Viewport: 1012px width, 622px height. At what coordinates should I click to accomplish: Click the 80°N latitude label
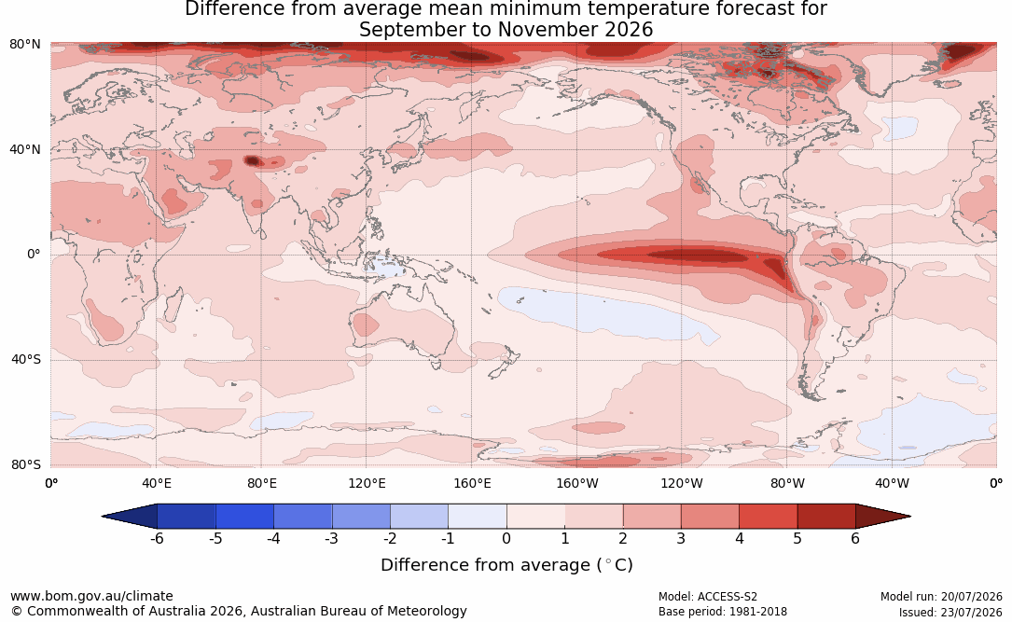(24, 45)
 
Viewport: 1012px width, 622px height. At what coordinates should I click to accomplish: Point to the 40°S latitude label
(26, 359)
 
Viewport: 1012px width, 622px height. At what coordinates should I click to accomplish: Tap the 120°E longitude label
(367, 483)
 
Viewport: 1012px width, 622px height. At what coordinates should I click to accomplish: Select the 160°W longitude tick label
(577, 483)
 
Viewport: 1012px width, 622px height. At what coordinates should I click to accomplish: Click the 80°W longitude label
(787, 483)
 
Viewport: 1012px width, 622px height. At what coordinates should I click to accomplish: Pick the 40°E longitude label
(156, 483)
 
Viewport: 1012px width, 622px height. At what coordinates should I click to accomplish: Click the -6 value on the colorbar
(157, 538)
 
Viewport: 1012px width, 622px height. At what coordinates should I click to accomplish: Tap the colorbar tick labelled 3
(681, 538)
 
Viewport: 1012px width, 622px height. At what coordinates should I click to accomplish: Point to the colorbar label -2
(390, 538)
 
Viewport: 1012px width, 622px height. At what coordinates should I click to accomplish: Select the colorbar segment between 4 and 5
(768, 517)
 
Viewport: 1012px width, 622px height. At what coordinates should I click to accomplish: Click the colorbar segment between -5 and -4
(244, 517)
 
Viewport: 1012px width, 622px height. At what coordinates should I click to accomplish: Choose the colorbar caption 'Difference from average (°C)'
(506, 565)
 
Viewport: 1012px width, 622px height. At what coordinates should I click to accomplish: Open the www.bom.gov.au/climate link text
(91, 596)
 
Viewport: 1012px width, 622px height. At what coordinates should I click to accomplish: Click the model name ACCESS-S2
(728, 597)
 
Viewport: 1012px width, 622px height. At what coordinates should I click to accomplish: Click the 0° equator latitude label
(34, 255)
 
